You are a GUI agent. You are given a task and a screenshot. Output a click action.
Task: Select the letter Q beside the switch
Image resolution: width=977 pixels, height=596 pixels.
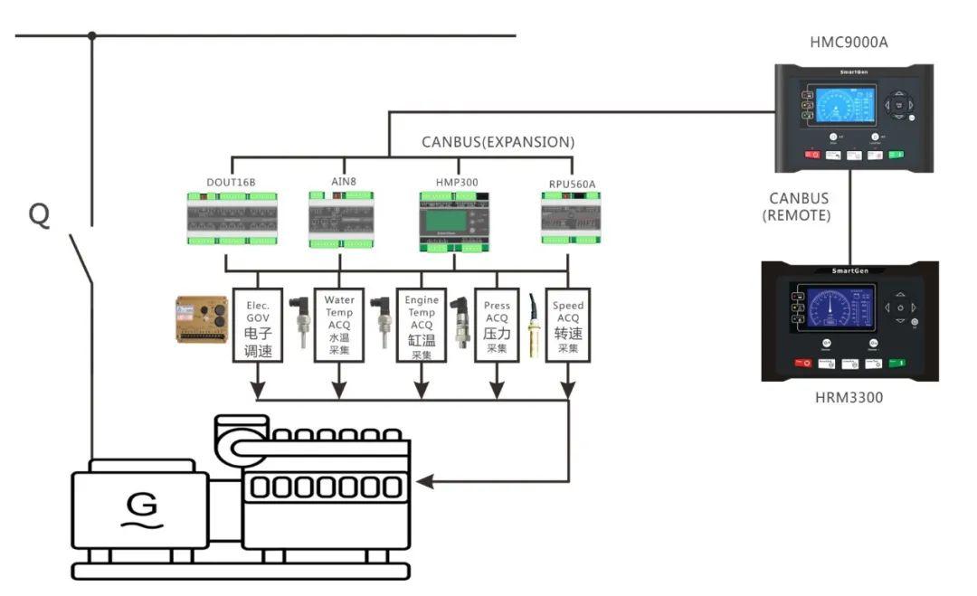click(39, 214)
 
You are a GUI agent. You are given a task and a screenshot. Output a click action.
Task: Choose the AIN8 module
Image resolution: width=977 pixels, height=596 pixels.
click(339, 218)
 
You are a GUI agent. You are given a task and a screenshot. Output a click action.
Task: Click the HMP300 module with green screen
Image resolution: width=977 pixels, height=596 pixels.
click(454, 221)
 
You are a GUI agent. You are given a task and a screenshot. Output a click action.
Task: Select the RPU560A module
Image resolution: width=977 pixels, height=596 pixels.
click(573, 218)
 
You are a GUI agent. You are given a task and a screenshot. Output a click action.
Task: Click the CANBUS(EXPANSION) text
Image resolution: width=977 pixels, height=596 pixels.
click(498, 142)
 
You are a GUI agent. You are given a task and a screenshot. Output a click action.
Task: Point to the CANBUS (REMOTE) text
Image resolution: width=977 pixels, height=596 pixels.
click(799, 206)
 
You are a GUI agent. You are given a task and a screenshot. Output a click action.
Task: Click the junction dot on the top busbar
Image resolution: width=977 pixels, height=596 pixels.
click(91, 36)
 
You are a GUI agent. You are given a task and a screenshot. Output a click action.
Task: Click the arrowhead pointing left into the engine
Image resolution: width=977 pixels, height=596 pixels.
click(423, 483)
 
